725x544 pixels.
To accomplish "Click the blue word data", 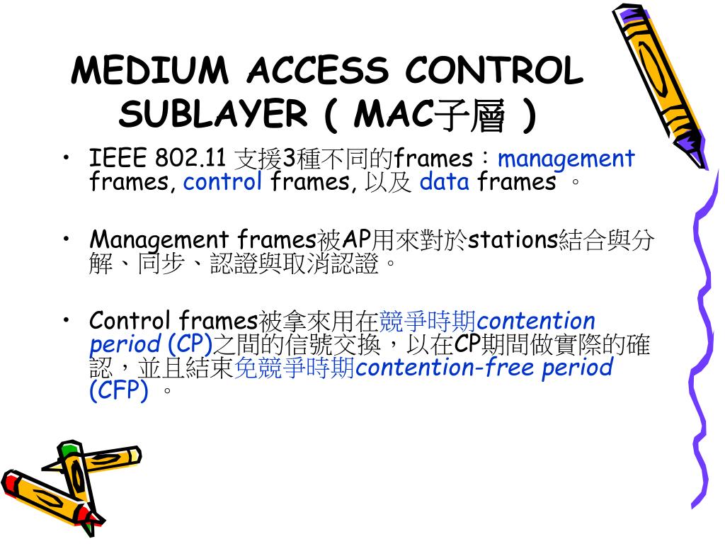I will point(444,182).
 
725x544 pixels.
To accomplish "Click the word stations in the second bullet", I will point(513,239).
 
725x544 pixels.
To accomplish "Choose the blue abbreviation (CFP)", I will point(119,390).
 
